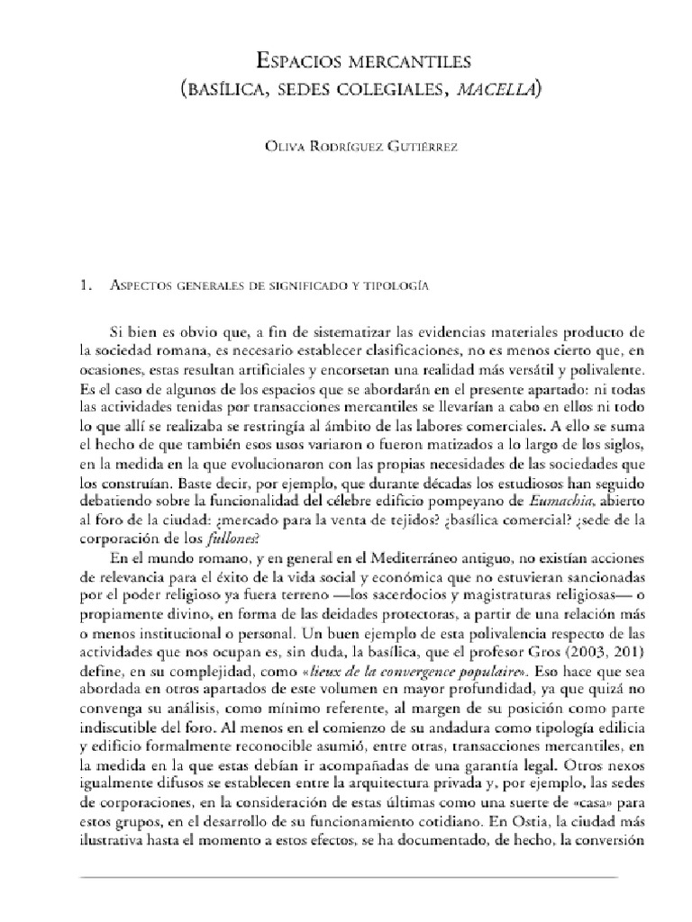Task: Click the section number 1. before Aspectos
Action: pyautogui.click(x=86, y=286)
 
